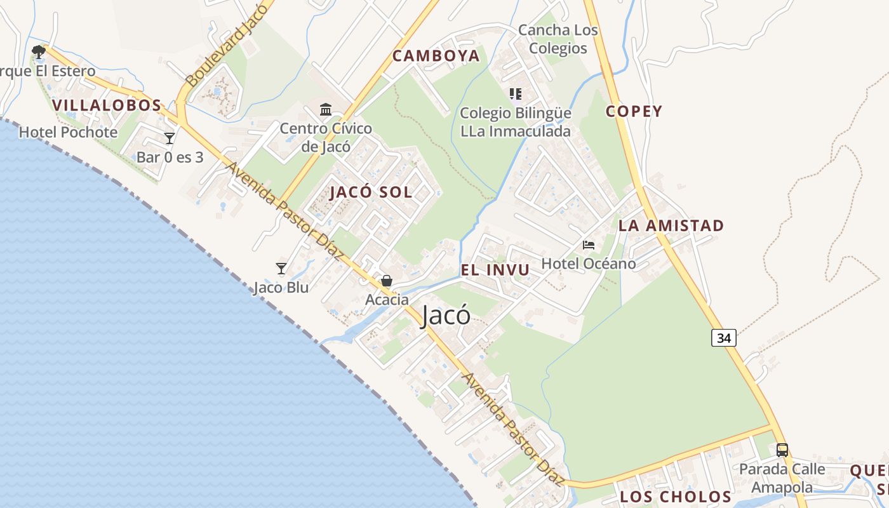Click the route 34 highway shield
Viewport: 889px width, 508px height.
pos(724,338)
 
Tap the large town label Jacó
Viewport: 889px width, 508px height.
pos(446,316)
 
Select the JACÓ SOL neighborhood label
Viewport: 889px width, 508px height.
pos(371,192)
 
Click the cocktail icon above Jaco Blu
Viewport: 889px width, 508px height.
pos(281,269)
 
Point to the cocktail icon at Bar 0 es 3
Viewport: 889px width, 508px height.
pos(170,138)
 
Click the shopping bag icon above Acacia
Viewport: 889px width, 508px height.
pos(386,281)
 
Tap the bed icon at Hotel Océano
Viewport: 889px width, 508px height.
pos(589,245)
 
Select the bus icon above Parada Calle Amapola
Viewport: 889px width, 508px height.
pos(782,450)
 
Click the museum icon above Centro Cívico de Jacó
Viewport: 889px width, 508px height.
pos(326,110)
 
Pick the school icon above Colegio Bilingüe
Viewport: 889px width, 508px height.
pos(516,94)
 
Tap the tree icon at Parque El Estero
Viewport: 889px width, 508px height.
pos(39,51)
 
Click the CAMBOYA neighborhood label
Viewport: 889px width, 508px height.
pos(436,56)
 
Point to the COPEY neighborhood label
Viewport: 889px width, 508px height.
pos(634,112)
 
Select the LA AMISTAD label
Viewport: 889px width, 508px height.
pos(671,225)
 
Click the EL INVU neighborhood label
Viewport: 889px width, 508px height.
pos(495,270)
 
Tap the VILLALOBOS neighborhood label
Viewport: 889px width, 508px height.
pos(107,105)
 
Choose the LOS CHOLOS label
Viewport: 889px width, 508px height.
pos(676,497)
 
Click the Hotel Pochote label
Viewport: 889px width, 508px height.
pos(68,132)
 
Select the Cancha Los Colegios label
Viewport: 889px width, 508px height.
pos(558,39)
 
